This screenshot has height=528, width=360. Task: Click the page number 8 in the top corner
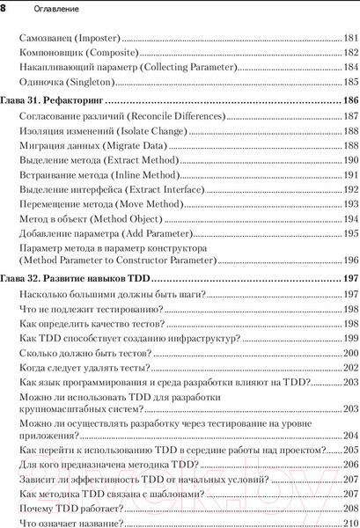(5, 7)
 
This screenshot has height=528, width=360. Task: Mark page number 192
(350, 189)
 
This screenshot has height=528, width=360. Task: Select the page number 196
(350, 260)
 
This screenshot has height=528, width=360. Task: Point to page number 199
(350, 338)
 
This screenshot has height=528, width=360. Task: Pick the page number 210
(350, 523)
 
